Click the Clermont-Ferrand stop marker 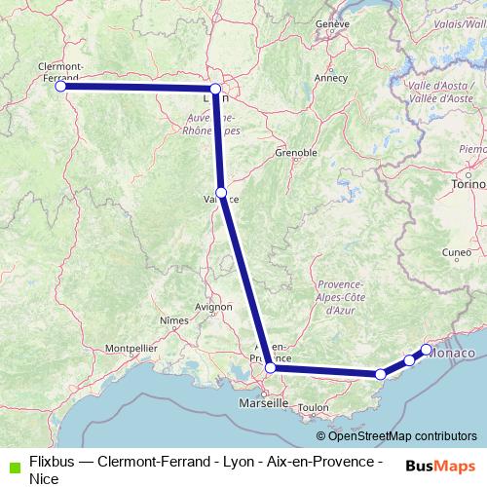[60, 86]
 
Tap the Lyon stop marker [215, 89]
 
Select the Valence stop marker [222, 192]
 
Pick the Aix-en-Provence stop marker [270, 367]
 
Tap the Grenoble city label [297, 153]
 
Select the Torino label [468, 184]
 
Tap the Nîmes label [173, 319]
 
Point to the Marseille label [264, 401]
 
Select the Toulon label [314, 407]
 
